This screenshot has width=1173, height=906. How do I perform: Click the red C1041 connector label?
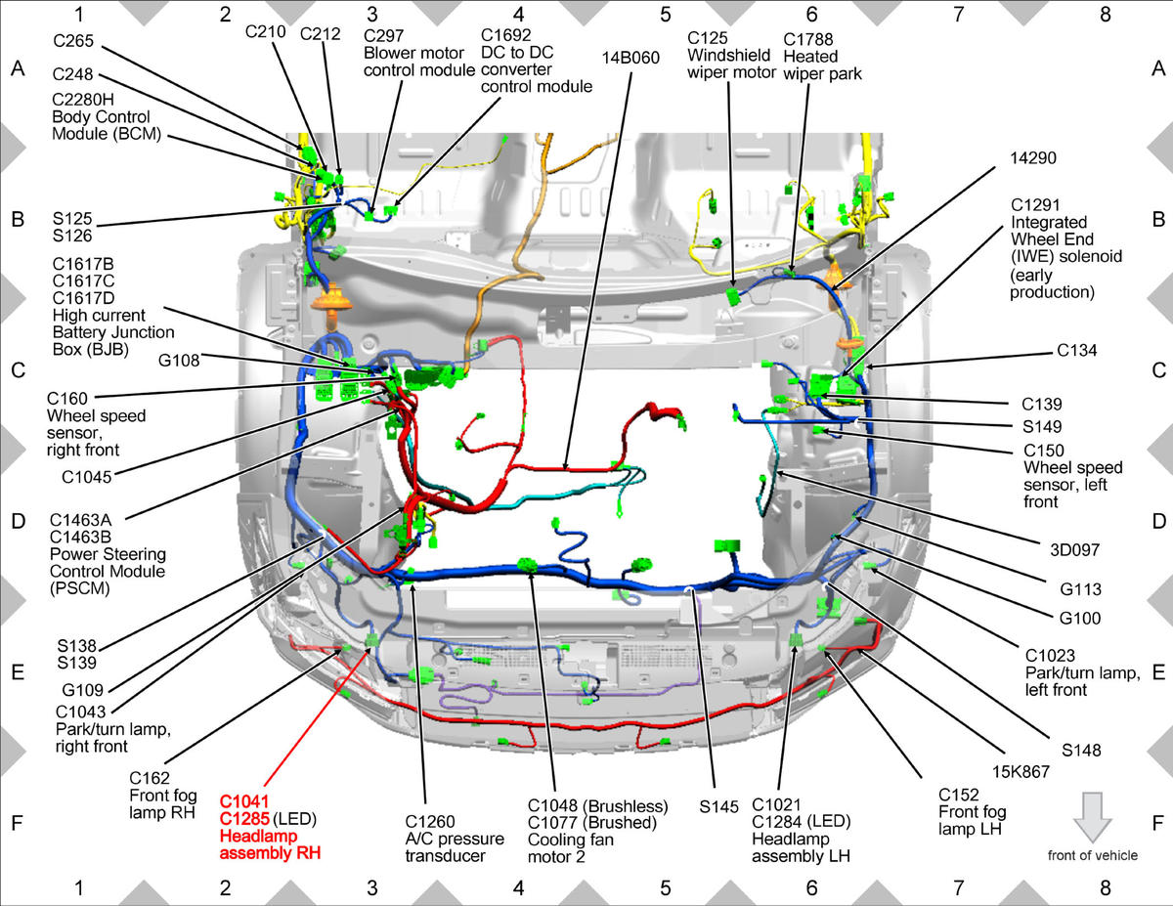(244, 801)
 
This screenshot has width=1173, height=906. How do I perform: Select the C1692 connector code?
(505, 35)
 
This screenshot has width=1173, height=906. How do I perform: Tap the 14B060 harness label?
(630, 58)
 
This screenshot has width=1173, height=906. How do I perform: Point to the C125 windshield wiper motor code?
(707, 38)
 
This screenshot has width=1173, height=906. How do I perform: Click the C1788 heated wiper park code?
(808, 39)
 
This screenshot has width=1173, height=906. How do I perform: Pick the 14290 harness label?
(1033, 158)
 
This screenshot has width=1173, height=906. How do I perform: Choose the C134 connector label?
(1077, 350)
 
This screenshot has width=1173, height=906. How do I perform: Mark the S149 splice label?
(1042, 427)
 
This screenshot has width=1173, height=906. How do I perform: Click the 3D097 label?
(1074, 550)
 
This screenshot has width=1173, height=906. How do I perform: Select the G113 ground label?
(1080, 589)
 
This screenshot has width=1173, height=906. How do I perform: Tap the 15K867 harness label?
(1021, 772)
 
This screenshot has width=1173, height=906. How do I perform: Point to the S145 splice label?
(718, 807)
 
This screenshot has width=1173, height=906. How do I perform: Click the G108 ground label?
(179, 360)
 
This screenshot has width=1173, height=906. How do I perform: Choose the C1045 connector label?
(86, 477)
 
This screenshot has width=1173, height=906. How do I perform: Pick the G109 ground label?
(82, 690)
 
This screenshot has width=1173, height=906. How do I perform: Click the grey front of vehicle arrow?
(1093, 817)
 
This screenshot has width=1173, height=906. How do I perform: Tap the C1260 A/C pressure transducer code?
(430, 821)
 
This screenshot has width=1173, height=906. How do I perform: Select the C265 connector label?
(73, 41)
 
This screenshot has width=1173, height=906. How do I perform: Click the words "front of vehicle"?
(1093, 855)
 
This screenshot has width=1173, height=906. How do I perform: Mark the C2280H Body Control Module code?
(82, 100)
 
